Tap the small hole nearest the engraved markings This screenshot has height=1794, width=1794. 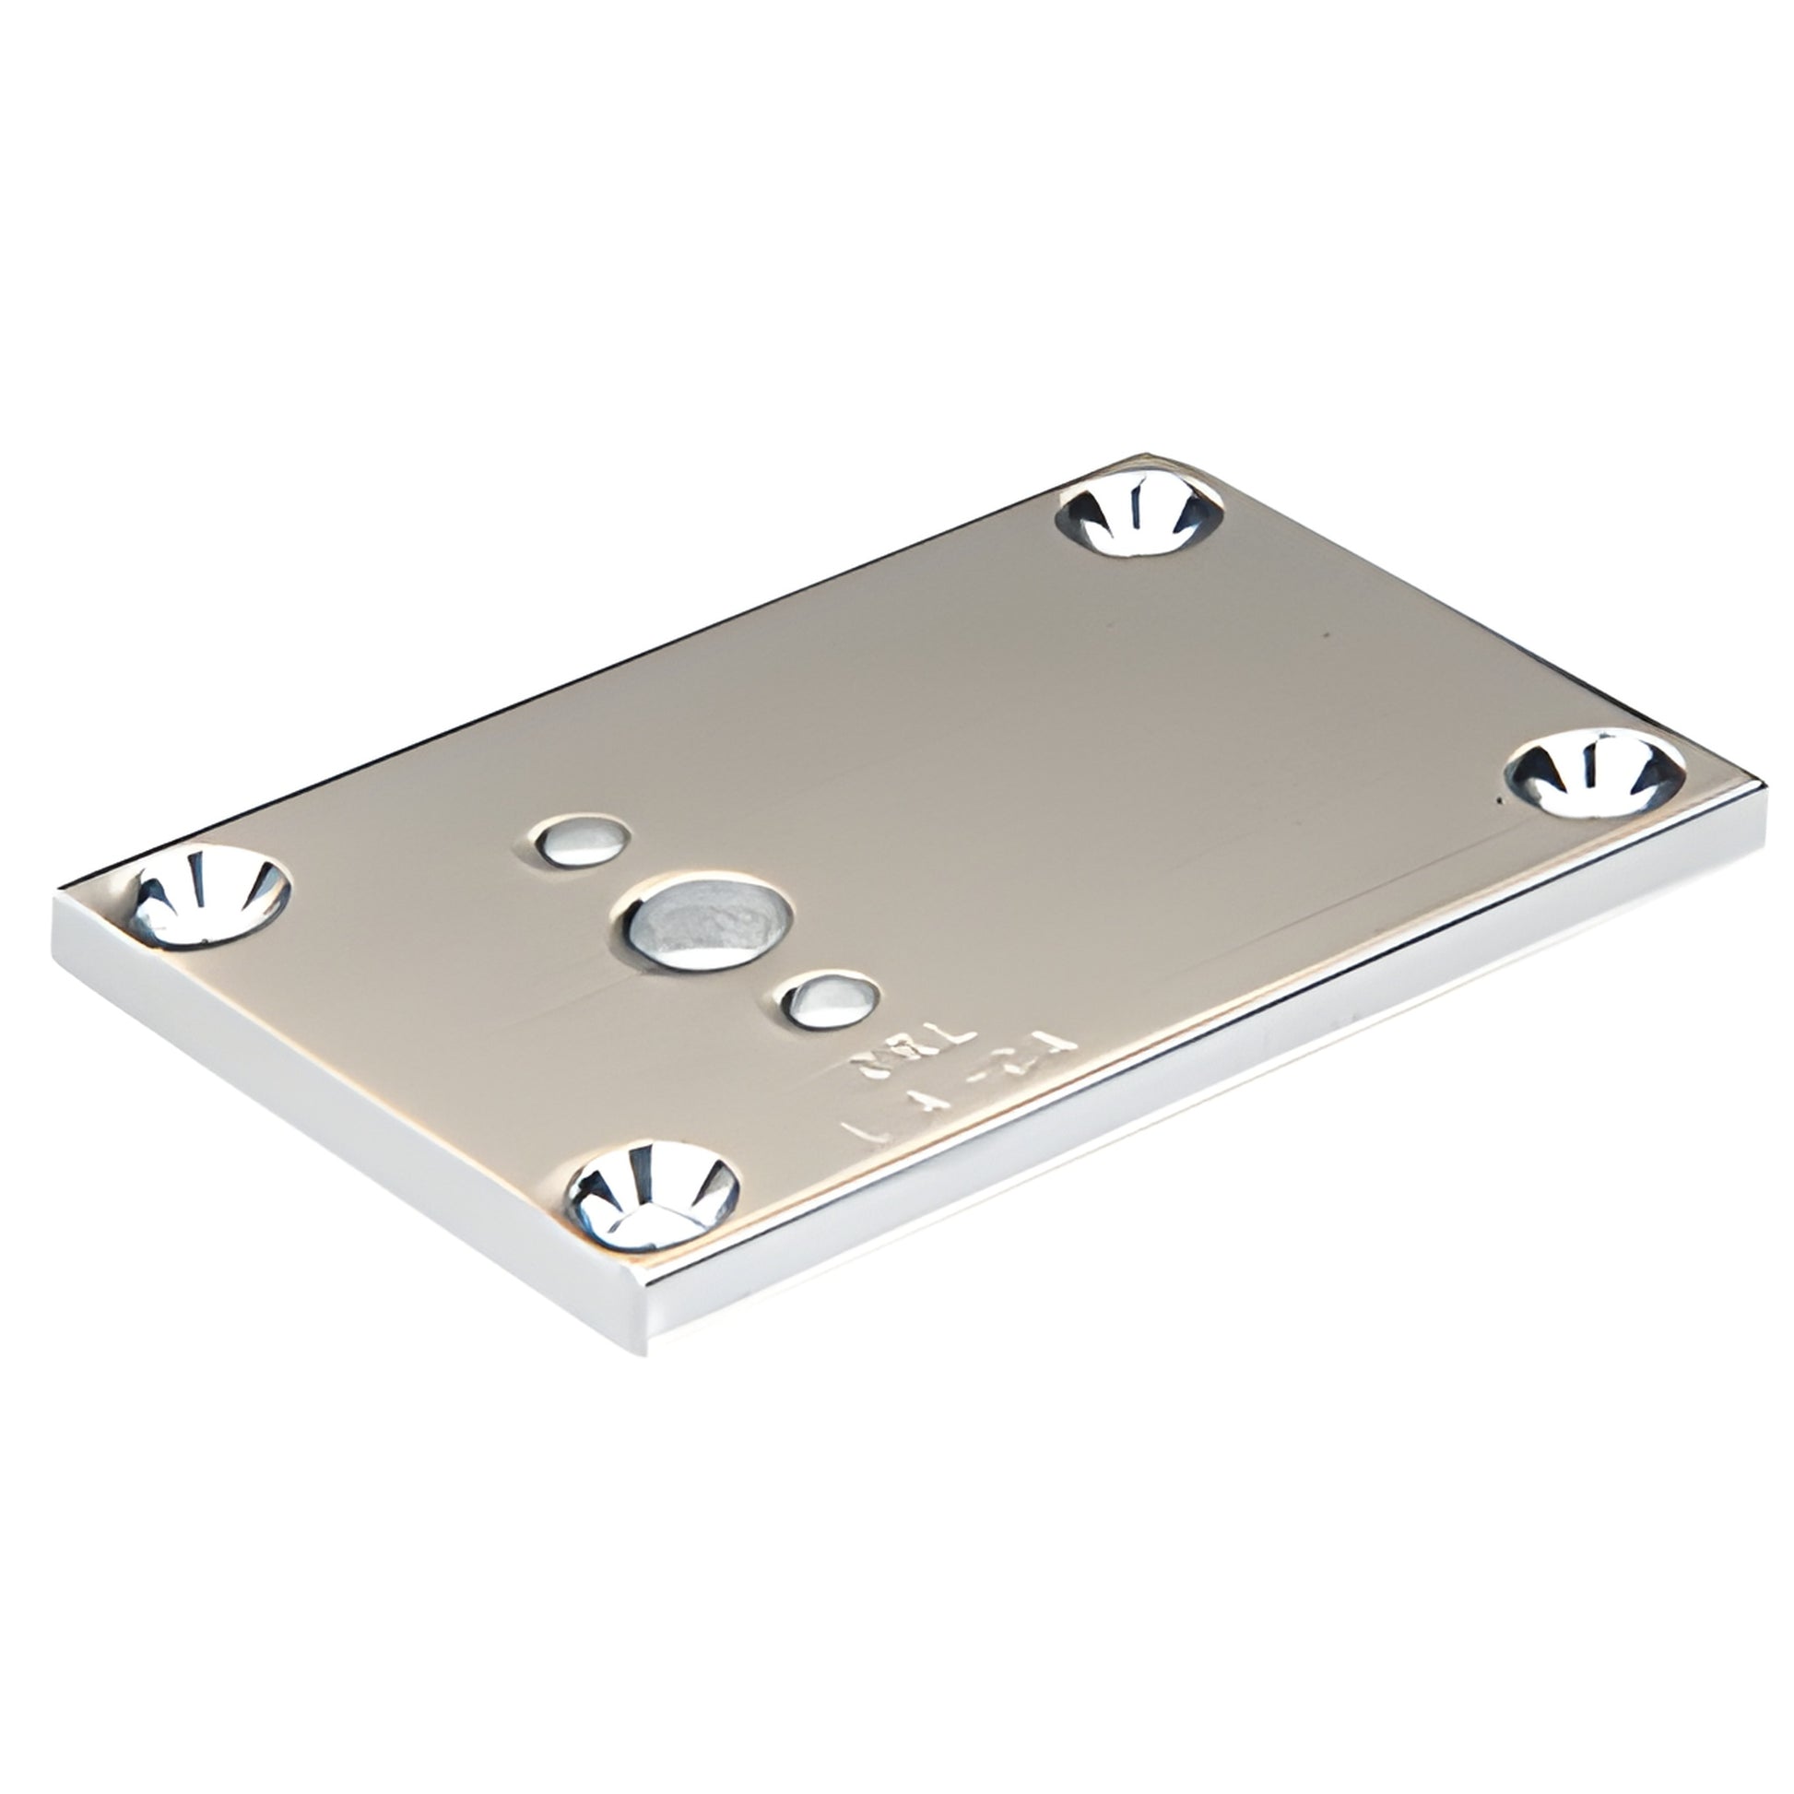pyautogui.click(x=830, y=1001)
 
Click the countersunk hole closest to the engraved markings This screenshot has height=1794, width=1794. pyautogui.click(x=654, y=1195)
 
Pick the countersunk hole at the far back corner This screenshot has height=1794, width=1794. pyautogui.click(x=1140, y=512)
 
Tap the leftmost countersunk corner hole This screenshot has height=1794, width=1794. pyautogui.click(x=210, y=897)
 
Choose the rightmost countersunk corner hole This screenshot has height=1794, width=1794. pyautogui.click(x=1594, y=773)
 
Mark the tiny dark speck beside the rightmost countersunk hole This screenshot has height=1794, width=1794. pyautogui.click(x=1503, y=798)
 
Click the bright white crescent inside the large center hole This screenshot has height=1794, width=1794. pyautogui.click(x=715, y=952)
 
